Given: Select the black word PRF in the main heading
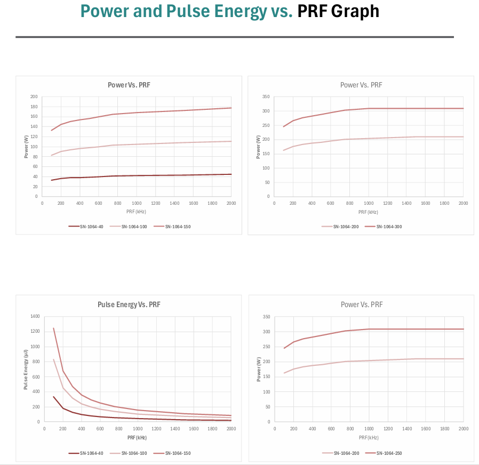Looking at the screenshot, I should pos(311,11).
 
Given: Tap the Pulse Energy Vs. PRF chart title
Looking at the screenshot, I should pos(129,305).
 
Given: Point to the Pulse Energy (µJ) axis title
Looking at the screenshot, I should pos(26,369).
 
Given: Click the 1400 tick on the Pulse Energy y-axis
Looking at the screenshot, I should pos(35,316).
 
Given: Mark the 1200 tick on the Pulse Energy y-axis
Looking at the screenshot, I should pos(35,331).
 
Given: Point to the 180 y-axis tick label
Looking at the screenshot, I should pos(34,107).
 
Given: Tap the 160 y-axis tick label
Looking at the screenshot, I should pos(34,117).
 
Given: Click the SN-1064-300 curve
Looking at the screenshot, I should pos(405,108).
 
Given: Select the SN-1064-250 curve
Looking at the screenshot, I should pos(405,329).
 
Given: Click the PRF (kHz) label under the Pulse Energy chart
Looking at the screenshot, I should pos(137,437).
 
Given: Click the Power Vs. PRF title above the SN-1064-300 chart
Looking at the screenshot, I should pos(361,85).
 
